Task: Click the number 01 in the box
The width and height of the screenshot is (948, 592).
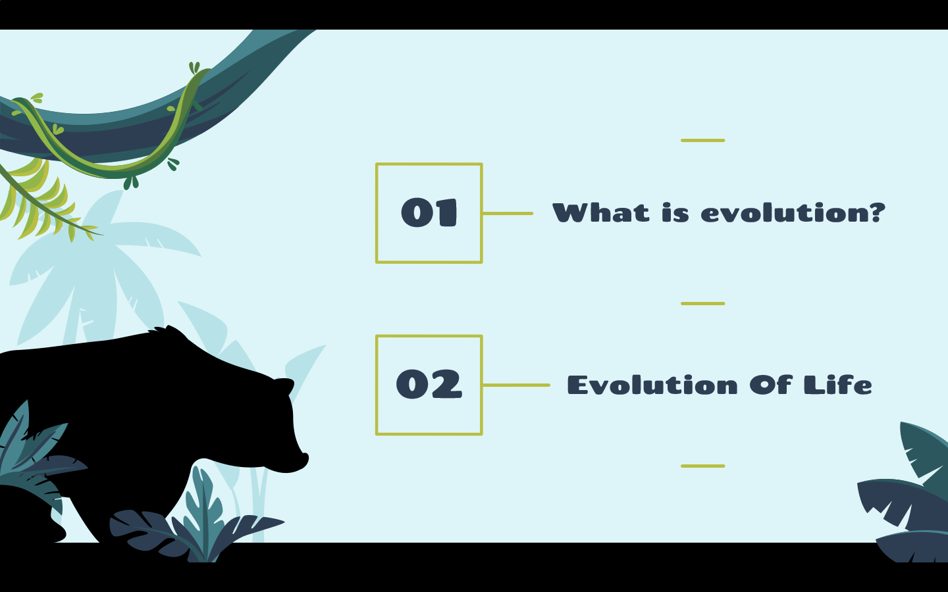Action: pyautogui.click(x=429, y=212)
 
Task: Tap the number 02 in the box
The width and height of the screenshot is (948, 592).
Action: pyautogui.click(x=429, y=384)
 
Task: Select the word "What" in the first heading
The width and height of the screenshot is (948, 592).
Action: pyautogui.click(x=601, y=212)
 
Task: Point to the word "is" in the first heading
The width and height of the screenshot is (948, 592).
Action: pyautogui.click(x=675, y=212)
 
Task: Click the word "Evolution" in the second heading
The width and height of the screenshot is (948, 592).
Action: pyautogui.click(x=652, y=385)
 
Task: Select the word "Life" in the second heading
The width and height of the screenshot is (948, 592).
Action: pyautogui.click(x=838, y=385)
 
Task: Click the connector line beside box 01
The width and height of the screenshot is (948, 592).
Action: pyautogui.click(x=508, y=214)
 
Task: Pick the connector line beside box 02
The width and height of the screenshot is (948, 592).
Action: pyautogui.click(x=516, y=385)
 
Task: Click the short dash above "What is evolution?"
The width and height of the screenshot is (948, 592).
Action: pyautogui.click(x=703, y=140)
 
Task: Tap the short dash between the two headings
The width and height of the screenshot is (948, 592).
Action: pyautogui.click(x=703, y=304)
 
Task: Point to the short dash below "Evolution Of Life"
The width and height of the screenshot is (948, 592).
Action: pyautogui.click(x=703, y=466)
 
